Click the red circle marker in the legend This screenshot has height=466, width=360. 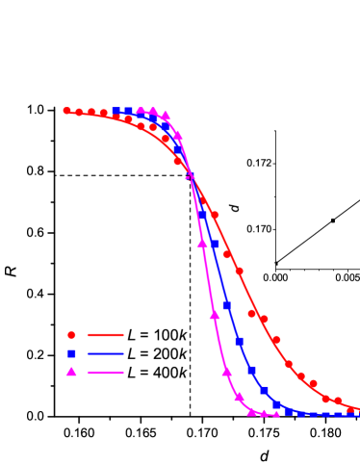[x=71, y=335]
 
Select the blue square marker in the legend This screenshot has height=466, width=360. [x=71, y=353]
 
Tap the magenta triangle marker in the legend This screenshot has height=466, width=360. [x=71, y=372]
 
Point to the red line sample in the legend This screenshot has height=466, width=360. [x=106, y=335]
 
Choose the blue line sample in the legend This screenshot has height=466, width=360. [x=106, y=353]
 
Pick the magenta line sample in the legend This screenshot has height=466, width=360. [x=106, y=372]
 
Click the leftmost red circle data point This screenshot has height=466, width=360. [x=67, y=111]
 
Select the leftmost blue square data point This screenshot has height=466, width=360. [x=116, y=112]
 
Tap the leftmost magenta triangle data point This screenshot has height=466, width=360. [x=141, y=112]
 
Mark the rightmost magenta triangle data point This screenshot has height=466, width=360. [x=275, y=414]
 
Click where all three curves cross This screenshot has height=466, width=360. [x=190, y=176]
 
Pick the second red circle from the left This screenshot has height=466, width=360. [x=80, y=113]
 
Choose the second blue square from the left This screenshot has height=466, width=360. [x=128, y=112]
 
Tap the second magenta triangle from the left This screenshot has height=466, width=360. [x=153, y=112]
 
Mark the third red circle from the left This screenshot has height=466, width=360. [x=92, y=113]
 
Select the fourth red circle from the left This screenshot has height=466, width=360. [x=104, y=114]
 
